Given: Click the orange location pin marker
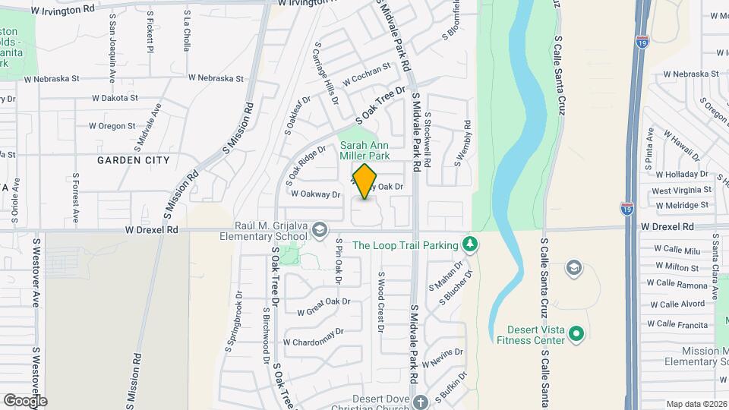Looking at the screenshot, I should (364, 181).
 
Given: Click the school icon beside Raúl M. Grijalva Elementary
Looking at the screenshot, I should (320, 229).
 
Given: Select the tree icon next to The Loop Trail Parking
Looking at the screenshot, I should (471, 244).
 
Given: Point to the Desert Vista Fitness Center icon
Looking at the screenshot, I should (576, 333).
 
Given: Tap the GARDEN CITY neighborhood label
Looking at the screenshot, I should (134, 160).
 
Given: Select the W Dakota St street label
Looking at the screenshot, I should (115, 98).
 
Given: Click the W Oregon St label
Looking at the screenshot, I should (112, 126).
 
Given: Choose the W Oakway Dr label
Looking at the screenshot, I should (313, 194).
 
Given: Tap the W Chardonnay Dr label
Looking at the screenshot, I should (314, 336).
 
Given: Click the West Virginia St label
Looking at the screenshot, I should (681, 190).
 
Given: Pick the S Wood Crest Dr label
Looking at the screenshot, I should (382, 301).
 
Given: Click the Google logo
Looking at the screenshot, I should (25, 400).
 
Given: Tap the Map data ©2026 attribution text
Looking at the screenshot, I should (696, 404).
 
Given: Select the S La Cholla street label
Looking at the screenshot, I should (188, 31).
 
